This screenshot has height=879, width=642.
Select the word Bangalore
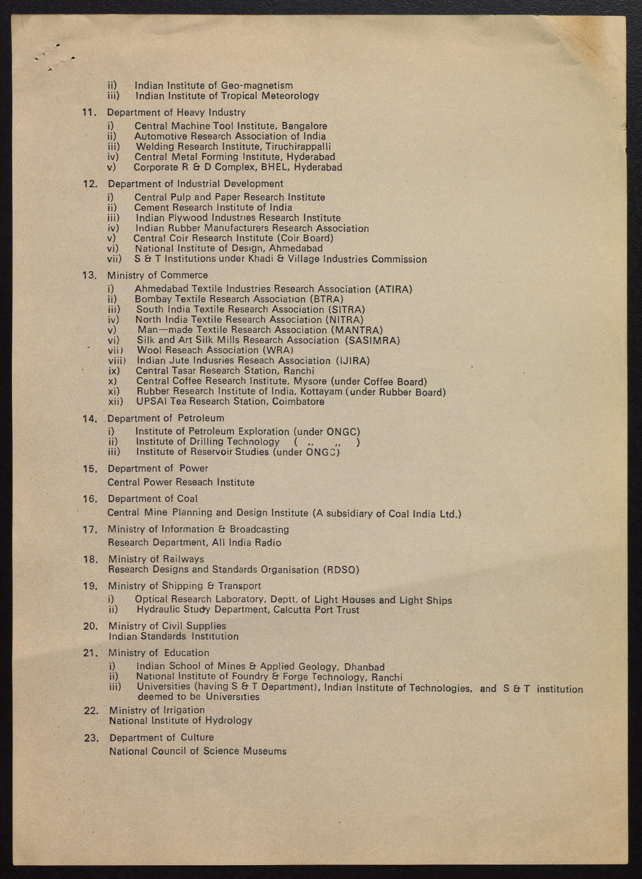(304, 126)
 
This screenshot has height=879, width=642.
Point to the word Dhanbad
(365, 667)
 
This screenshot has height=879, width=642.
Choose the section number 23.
(92, 738)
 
